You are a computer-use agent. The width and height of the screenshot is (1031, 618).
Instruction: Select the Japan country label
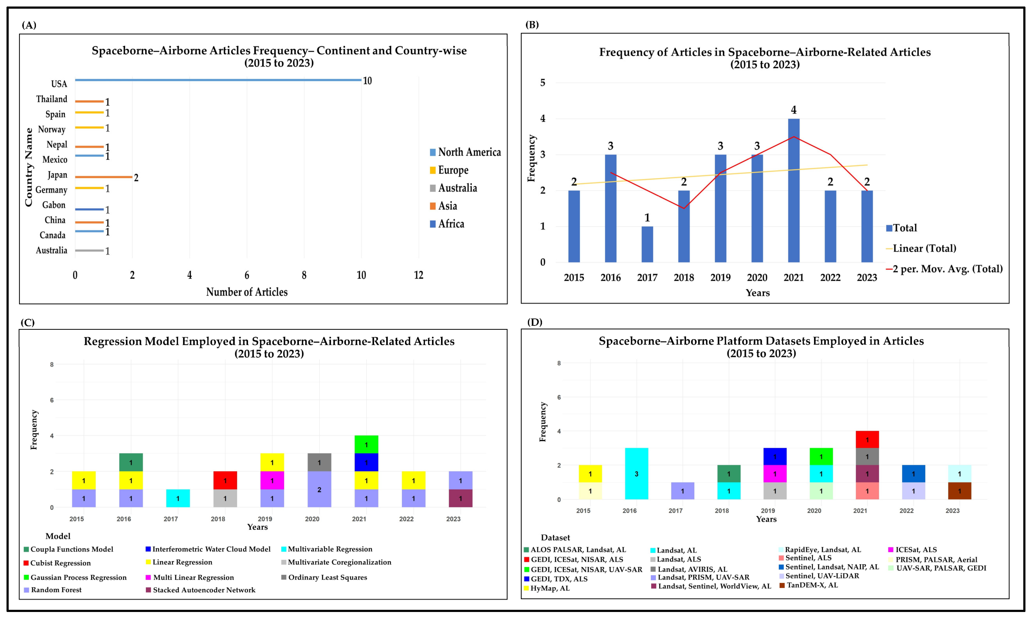click(x=57, y=175)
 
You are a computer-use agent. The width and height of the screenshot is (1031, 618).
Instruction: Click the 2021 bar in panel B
click(x=793, y=190)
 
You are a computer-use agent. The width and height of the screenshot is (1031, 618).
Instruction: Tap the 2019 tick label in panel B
click(x=720, y=278)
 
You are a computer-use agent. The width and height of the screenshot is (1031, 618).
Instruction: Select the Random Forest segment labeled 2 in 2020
click(x=319, y=489)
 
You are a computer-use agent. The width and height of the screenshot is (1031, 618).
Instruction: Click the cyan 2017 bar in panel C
click(x=178, y=498)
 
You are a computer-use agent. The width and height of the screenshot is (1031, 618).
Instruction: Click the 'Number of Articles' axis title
click(x=247, y=292)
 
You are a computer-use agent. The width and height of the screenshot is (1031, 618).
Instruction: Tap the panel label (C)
click(x=27, y=323)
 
